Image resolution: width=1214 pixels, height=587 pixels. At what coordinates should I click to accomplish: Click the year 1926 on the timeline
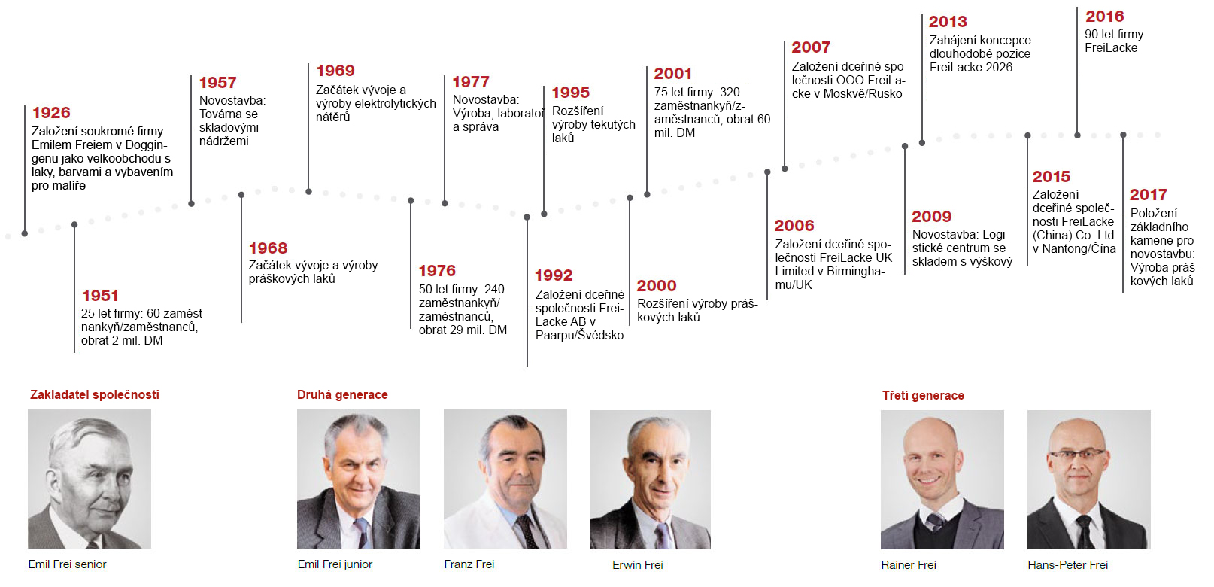(51, 113)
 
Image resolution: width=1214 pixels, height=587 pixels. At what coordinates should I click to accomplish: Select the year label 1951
(100, 296)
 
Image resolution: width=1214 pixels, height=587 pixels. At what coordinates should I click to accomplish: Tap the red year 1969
(335, 71)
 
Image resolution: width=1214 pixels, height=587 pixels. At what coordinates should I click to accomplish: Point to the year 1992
(554, 275)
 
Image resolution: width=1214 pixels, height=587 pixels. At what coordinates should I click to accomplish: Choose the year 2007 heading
(811, 47)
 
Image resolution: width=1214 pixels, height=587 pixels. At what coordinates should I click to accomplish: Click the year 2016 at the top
(1104, 17)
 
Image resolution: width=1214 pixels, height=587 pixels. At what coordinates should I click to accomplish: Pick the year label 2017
(1149, 195)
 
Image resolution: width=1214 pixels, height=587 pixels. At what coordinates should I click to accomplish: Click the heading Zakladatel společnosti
(95, 394)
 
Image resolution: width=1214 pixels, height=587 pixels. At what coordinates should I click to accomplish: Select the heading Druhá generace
(342, 394)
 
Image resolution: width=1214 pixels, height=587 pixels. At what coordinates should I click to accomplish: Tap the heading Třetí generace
(924, 396)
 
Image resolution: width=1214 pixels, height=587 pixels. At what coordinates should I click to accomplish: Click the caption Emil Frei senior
(67, 564)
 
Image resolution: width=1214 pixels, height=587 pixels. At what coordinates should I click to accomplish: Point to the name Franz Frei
(469, 564)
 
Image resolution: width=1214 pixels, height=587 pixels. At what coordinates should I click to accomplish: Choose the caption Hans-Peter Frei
(1067, 565)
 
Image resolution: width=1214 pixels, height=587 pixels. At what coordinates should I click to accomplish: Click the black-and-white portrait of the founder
(90, 479)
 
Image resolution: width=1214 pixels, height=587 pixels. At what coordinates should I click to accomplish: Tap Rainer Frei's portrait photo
(942, 479)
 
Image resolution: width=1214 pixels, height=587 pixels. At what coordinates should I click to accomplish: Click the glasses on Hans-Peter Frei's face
(1077, 455)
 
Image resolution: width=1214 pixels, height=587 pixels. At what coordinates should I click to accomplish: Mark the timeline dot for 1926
(24, 233)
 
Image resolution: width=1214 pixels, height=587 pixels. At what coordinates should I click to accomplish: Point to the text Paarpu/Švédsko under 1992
(579, 336)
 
